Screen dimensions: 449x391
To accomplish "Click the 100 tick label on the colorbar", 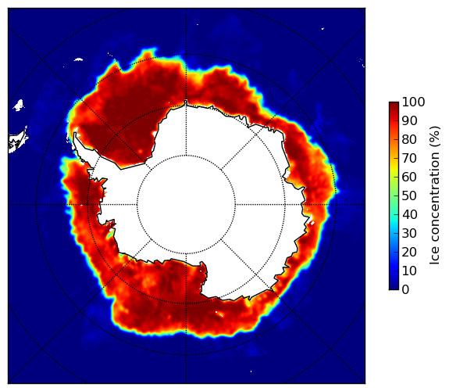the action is tap(414, 102).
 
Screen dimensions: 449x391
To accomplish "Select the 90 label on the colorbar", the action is tap(410, 120).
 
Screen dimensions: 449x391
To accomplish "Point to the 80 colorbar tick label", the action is tap(410, 139).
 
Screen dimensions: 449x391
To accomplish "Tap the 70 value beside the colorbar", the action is tap(410, 158).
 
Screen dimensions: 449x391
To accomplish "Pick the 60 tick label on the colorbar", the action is tap(410, 177).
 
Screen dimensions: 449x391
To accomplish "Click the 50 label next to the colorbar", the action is tap(410, 196).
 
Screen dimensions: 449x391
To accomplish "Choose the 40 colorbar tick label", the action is tap(410, 214).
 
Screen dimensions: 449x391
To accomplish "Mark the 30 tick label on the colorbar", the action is tap(410, 234).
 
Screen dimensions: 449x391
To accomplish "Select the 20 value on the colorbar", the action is tap(410, 252).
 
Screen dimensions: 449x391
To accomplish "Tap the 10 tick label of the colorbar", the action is tap(410, 271).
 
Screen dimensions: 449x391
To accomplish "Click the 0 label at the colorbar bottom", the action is tap(406, 290).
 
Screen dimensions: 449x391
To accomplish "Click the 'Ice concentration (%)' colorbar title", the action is tap(434, 195).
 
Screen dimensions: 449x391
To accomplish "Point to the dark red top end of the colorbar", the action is tap(394, 104).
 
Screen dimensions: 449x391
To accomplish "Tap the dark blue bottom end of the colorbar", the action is tap(394, 288).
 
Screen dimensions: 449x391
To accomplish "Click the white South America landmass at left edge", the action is tap(16, 142).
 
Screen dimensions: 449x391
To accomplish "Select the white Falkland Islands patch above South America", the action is tap(19, 105).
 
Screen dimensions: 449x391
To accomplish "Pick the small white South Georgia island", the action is tap(78, 59).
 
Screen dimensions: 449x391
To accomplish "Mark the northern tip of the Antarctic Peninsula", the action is tap(75, 134).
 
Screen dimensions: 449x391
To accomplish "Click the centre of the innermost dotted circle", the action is tap(186, 205).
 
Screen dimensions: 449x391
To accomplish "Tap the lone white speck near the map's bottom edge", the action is tap(251, 371).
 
